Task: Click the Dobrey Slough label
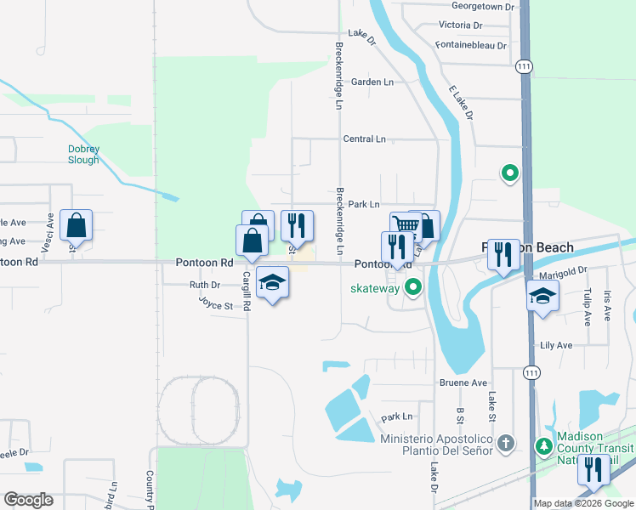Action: point(83,154)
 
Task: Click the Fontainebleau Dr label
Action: point(470,45)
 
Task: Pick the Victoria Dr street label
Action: point(460,25)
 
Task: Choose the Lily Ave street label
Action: point(556,346)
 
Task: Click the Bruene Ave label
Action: point(463,383)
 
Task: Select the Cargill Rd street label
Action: point(246,288)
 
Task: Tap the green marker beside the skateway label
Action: point(413,287)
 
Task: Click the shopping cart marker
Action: point(406,225)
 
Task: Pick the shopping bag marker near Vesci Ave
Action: point(76,226)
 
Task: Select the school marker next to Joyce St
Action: point(272,283)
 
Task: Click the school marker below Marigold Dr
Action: point(542,297)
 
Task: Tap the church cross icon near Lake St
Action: point(506,443)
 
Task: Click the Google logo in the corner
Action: point(28,500)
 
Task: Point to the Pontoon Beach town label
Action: point(527,248)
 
